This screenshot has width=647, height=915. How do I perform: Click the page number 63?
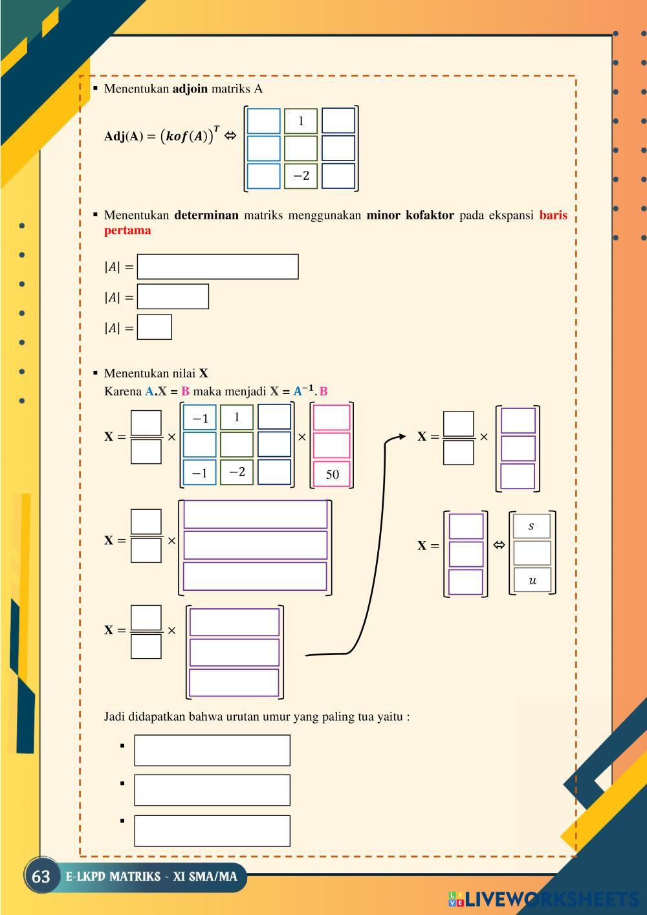[41, 876]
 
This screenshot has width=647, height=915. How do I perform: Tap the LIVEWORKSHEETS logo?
[543, 899]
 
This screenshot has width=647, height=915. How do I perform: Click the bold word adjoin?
[190, 89]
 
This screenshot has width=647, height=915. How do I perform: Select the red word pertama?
[127, 230]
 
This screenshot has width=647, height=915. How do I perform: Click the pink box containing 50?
[332, 474]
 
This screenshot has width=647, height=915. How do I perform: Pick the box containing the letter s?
[532, 525]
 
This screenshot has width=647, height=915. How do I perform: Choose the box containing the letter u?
[532, 580]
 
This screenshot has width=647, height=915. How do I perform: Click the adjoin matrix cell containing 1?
[301, 121]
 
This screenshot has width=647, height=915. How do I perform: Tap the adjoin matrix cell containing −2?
[301, 175]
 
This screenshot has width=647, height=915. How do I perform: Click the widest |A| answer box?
[217, 267]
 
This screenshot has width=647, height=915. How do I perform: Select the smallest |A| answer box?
[155, 327]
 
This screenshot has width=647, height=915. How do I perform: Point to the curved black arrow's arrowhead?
[402, 436]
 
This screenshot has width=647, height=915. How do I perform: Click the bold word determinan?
[206, 215]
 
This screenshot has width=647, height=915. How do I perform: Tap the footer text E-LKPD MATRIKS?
[113, 876]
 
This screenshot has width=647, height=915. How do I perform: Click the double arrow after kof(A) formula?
[230, 136]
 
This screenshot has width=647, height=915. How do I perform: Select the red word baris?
[553, 215]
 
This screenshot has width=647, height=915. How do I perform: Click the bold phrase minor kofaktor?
[410, 215]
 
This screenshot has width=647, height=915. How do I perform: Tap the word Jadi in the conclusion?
[115, 716]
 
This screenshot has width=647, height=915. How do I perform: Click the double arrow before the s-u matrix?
[499, 544]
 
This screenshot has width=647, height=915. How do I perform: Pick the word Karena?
[123, 391]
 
